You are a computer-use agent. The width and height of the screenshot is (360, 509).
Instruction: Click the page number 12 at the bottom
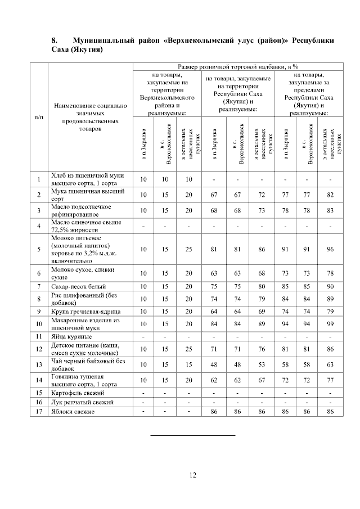click(x=192, y=476)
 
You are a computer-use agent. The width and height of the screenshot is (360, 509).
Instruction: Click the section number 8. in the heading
click(x=55, y=40)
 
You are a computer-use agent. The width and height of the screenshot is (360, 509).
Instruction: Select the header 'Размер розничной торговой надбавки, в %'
click(x=238, y=66)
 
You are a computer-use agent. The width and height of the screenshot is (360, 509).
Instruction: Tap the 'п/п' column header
click(x=38, y=116)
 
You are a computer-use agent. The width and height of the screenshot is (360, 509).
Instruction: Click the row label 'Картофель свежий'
click(x=78, y=392)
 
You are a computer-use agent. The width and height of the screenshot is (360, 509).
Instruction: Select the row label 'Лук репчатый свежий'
click(x=82, y=402)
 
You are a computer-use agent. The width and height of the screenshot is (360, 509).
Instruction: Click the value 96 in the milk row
click(x=330, y=249)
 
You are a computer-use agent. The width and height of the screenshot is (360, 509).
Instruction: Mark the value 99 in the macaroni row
click(x=330, y=323)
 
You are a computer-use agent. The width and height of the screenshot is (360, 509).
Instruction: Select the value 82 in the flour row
click(x=330, y=195)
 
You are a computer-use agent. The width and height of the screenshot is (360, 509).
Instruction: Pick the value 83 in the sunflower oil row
click(x=330, y=210)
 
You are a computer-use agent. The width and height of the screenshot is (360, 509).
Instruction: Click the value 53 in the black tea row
click(x=260, y=364)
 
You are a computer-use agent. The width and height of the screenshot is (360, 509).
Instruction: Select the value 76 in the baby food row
click(x=260, y=349)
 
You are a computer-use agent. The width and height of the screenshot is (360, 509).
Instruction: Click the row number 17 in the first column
click(x=38, y=412)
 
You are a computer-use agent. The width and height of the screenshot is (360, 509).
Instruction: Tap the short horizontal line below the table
click(x=193, y=435)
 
